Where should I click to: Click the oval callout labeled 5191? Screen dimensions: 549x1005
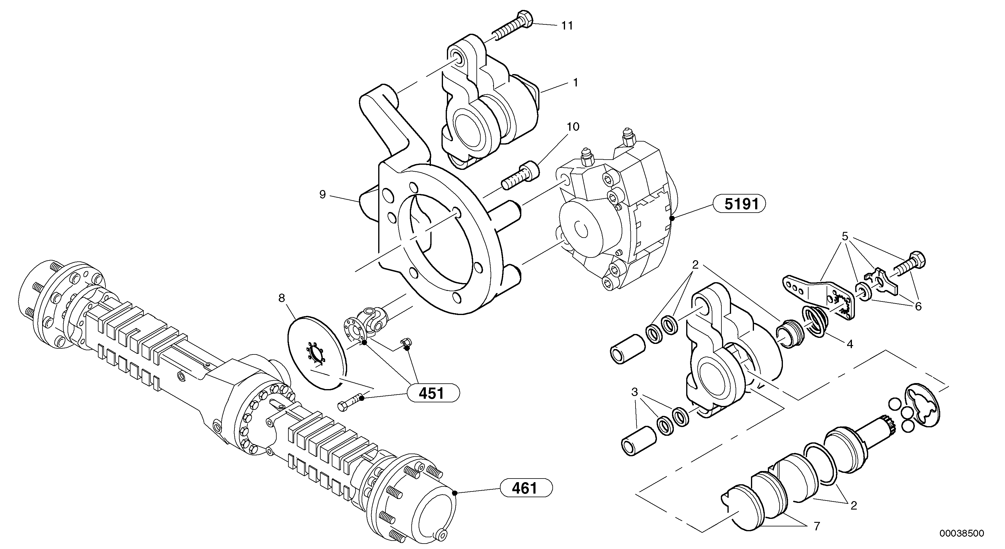coord(739,204)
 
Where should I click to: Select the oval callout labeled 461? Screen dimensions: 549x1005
coord(526,488)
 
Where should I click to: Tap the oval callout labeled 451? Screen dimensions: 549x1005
coord(433,393)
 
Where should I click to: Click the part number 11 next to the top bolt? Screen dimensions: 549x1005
coord(567,26)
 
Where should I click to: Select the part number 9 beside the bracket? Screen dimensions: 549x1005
coord(322,195)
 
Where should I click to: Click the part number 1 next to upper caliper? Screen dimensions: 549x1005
coord(575,83)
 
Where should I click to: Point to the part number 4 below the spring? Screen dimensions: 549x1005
coord(850,344)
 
